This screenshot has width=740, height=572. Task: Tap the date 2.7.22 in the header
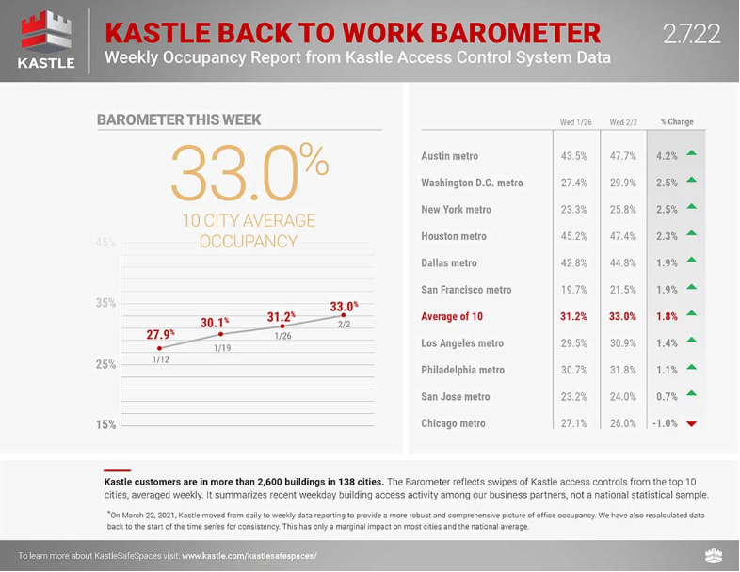click(x=692, y=34)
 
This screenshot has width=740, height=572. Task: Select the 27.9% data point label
click(x=160, y=334)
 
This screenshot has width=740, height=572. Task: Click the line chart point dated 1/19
click(x=220, y=334)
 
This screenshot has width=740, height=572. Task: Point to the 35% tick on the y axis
click(x=105, y=303)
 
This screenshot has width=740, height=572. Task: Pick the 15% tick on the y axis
click(x=105, y=424)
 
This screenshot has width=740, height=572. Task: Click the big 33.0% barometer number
click(x=249, y=173)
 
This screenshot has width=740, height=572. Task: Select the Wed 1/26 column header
click(x=575, y=122)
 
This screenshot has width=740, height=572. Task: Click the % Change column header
click(x=677, y=121)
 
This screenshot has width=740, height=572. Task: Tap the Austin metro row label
click(x=449, y=156)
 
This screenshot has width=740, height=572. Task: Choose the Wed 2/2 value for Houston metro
click(x=622, y=236)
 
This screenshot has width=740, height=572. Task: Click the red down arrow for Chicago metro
click(x=691, y=424)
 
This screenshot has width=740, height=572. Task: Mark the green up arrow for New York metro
click(x=691, y=206)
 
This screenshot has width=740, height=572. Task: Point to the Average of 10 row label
click(x=452, y=316)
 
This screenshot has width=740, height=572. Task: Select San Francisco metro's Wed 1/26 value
click(x=574, y=290)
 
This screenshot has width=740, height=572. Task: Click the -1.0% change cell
click(x=665, y=423)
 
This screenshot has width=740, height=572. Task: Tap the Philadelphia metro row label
click(x=462, y=370)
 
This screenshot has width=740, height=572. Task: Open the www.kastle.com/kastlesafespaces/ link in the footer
click(x=249, y=556)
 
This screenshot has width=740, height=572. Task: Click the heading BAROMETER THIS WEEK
click(x=179, y=119)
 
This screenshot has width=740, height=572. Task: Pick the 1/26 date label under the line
click(x=282, y=336)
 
